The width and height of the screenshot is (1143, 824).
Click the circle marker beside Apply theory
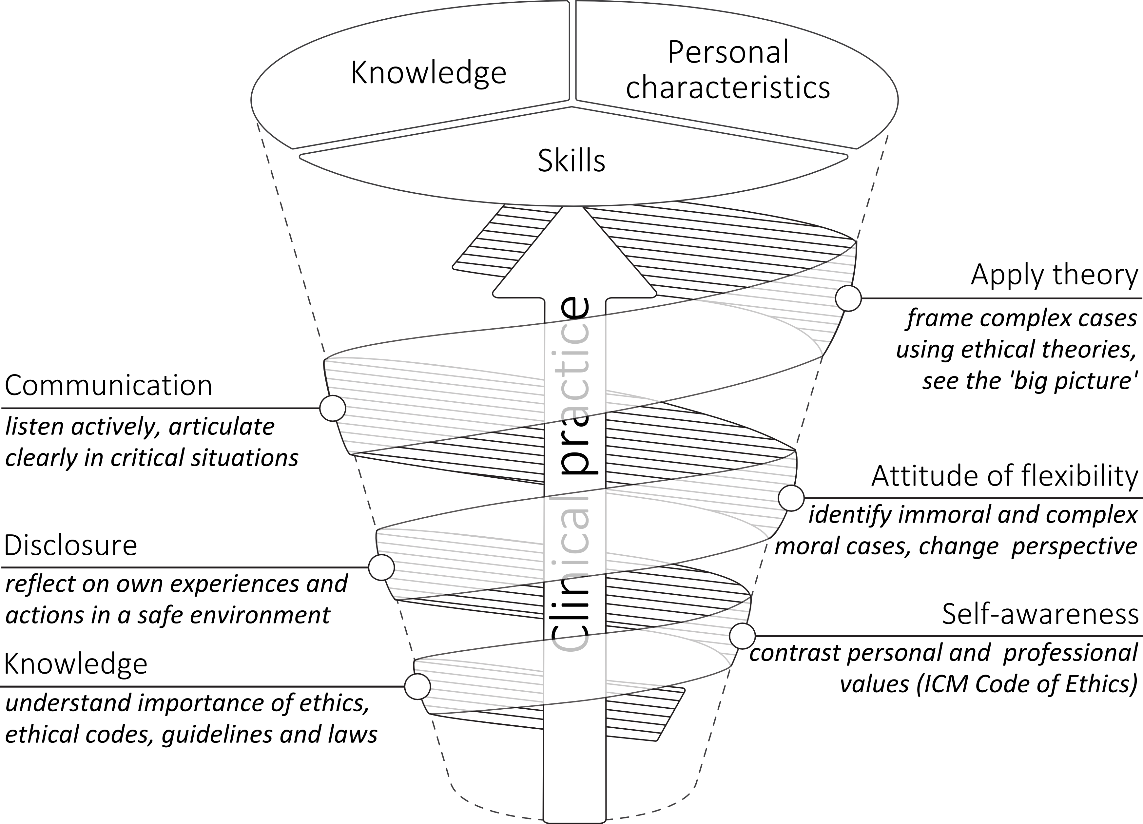tap(848, 298)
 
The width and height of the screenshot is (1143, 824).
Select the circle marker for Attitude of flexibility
tap(791, 498)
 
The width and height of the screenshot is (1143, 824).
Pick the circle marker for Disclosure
tap(381, 567)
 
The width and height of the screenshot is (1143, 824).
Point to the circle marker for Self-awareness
tap(742, 636)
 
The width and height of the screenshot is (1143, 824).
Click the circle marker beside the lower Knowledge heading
tap(417, 686)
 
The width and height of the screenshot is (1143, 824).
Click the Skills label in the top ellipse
tap(571, 161)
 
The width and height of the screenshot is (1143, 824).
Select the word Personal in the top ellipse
tap(728, 53)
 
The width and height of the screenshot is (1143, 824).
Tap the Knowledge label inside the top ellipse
tap(428, 73)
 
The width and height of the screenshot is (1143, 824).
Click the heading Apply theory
tap(1054, 275)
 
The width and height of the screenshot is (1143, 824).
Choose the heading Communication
tap(108, 386)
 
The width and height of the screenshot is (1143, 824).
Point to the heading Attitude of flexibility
tap(1004, 476)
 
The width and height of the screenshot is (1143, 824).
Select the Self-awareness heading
tap(1040, 614)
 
